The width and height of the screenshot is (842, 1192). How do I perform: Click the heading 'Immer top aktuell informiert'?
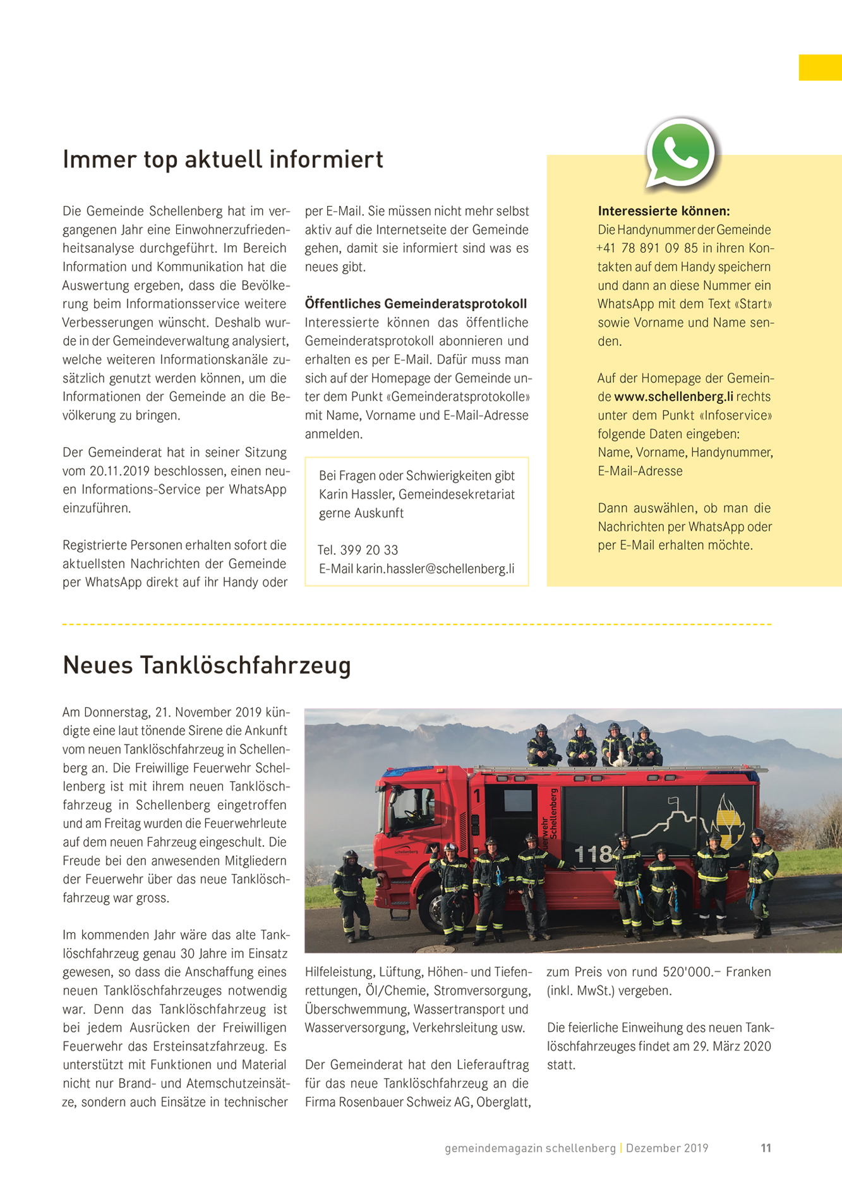pos(223,159)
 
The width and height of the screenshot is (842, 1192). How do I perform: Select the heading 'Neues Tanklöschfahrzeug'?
pos(207,666)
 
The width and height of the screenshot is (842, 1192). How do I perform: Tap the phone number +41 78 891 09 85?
pos(647,248)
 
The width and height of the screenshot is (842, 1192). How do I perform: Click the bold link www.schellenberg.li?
pos(673,397)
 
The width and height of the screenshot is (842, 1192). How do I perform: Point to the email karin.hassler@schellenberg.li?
pos(435,569)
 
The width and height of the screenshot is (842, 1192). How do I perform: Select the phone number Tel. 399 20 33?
pos(358,550)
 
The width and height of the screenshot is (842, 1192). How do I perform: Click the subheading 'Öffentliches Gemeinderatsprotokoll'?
pos(416,304)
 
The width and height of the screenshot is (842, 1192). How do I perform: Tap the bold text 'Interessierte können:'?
pos(663,211)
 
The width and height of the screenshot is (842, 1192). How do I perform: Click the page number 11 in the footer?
pos(766,1148)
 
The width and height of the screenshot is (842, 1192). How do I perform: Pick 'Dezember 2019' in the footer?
pos(667,1148)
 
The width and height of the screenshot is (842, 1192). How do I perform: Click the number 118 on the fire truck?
pos(593,854)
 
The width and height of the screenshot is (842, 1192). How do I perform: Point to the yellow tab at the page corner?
pos(820,68)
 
